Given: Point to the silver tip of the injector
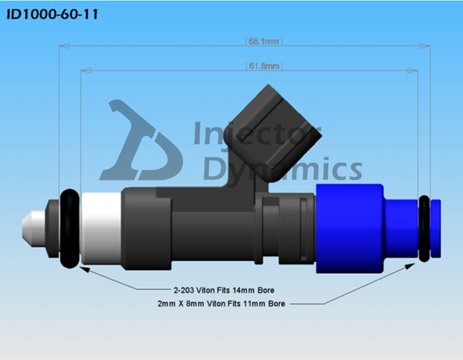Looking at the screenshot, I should click(x=29, y=228).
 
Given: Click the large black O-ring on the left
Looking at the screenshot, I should click(x=69, y=228).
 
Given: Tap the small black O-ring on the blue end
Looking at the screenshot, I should click(x=424, y=228).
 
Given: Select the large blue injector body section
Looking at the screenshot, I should click(x=349, y=228).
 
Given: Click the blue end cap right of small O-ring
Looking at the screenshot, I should click(x=436, y=228).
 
